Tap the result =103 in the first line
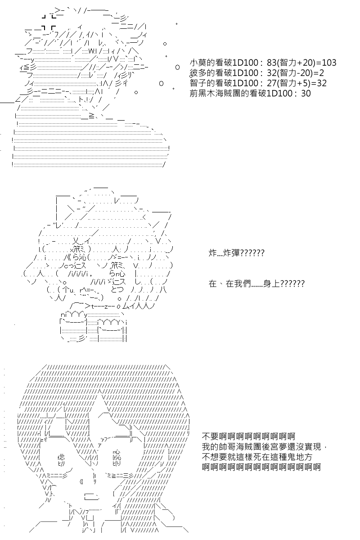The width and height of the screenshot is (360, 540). click(326, 63)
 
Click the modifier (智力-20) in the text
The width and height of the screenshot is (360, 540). click(295, 73)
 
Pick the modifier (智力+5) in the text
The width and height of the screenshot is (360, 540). click(293, 83)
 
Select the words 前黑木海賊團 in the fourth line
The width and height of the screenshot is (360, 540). click(211, 93)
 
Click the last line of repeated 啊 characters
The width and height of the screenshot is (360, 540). click(261, 467)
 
